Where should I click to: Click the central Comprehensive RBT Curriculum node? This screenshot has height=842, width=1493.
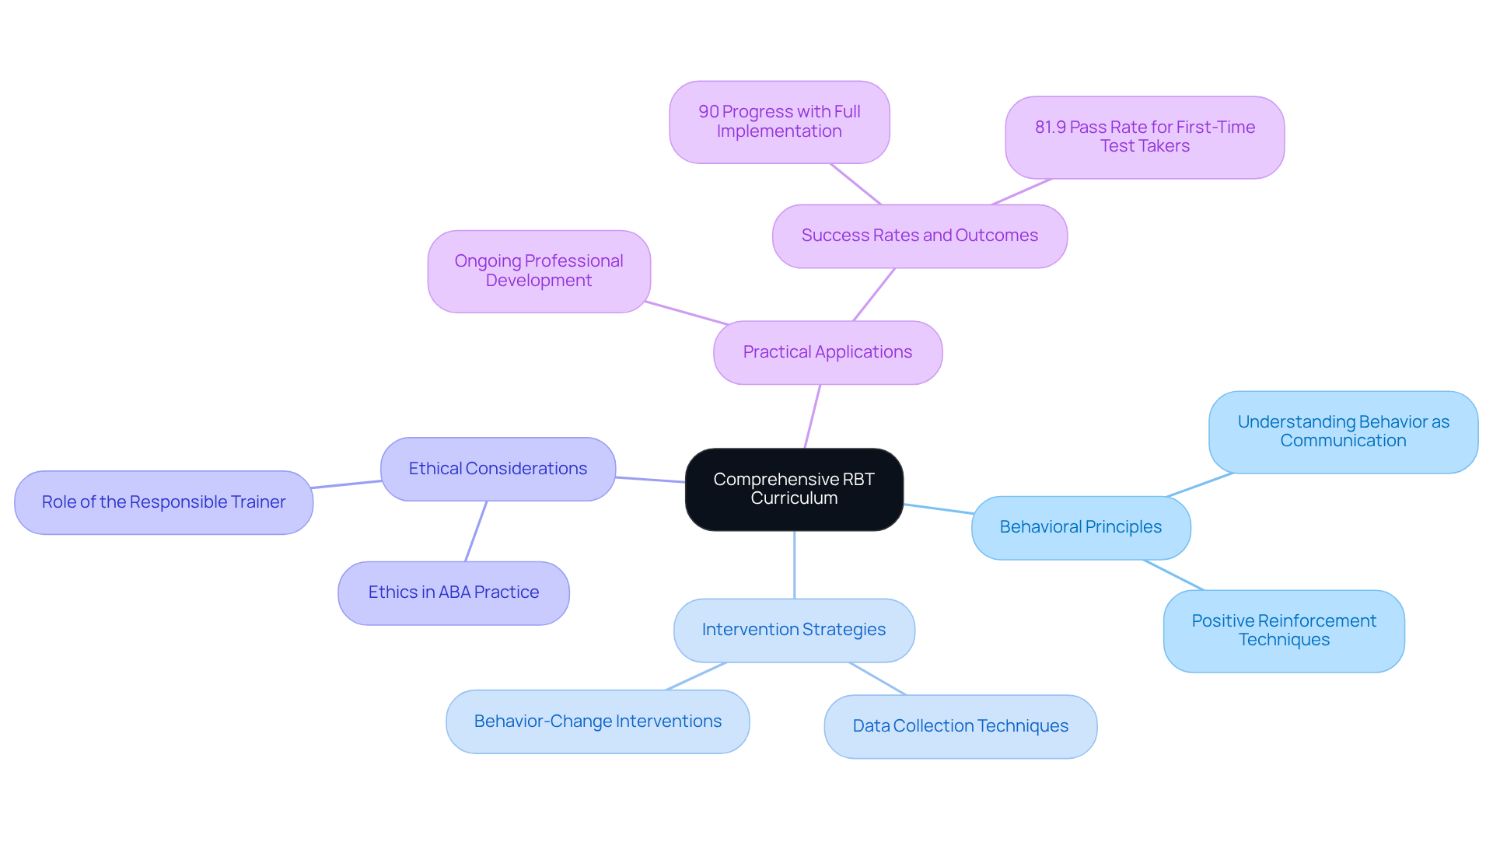click(794, 489)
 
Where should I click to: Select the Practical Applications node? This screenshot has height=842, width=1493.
click(827, 352)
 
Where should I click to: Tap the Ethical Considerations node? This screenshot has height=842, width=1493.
click(498, 469)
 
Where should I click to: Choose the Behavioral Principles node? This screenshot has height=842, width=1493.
click(1080, 527)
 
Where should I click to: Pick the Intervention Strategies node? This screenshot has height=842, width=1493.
click(793, 630)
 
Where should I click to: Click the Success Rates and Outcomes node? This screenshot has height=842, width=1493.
click(919, 236)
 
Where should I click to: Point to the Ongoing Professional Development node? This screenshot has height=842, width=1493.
click(538, 271)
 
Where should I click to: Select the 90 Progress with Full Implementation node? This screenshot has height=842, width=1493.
click(778, 122)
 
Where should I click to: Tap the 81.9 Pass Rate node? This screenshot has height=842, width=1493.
click(1144, 137)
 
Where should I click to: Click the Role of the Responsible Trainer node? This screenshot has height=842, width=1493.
click(163, 502)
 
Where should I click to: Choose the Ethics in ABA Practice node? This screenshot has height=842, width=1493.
click(453, 592)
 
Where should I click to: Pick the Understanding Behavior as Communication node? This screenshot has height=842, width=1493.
click(1343, 431)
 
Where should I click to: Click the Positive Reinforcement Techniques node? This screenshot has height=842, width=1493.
click(1283, 631)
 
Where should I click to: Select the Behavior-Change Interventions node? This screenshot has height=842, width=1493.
click(597, 721)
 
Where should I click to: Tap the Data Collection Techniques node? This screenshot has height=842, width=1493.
click(960, 726)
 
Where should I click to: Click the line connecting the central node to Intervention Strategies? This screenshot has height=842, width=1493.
click(794, 565)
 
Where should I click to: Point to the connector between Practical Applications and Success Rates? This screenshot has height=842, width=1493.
click(874, 295)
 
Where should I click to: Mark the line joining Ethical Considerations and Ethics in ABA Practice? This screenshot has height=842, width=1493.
click(476, 531)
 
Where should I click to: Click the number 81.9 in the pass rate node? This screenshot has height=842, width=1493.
click(1050, 128)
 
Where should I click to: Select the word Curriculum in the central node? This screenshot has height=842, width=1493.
click(794, 498)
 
